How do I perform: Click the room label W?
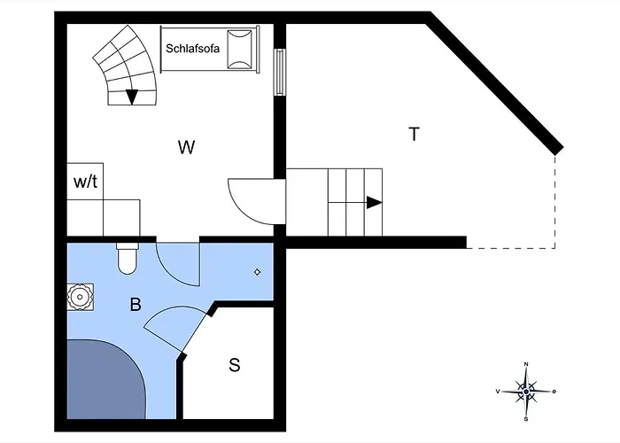pos(186,147)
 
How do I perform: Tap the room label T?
pos(414,135)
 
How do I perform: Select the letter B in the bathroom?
pos(136,305)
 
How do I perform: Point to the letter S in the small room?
pos(235,364)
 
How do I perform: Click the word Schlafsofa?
pos(193,47)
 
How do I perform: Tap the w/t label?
pos(85,182)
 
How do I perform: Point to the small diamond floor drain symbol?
pos(258,272)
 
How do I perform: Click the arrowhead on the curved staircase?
pos(132,97)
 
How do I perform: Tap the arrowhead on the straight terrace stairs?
pos(374,202)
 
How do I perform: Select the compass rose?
pos(527,391)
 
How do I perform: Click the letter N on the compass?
pos(527,364)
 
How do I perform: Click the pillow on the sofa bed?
pos(238,47)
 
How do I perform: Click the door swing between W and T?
pos(252,200)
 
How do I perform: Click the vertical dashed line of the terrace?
pos(555,199)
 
